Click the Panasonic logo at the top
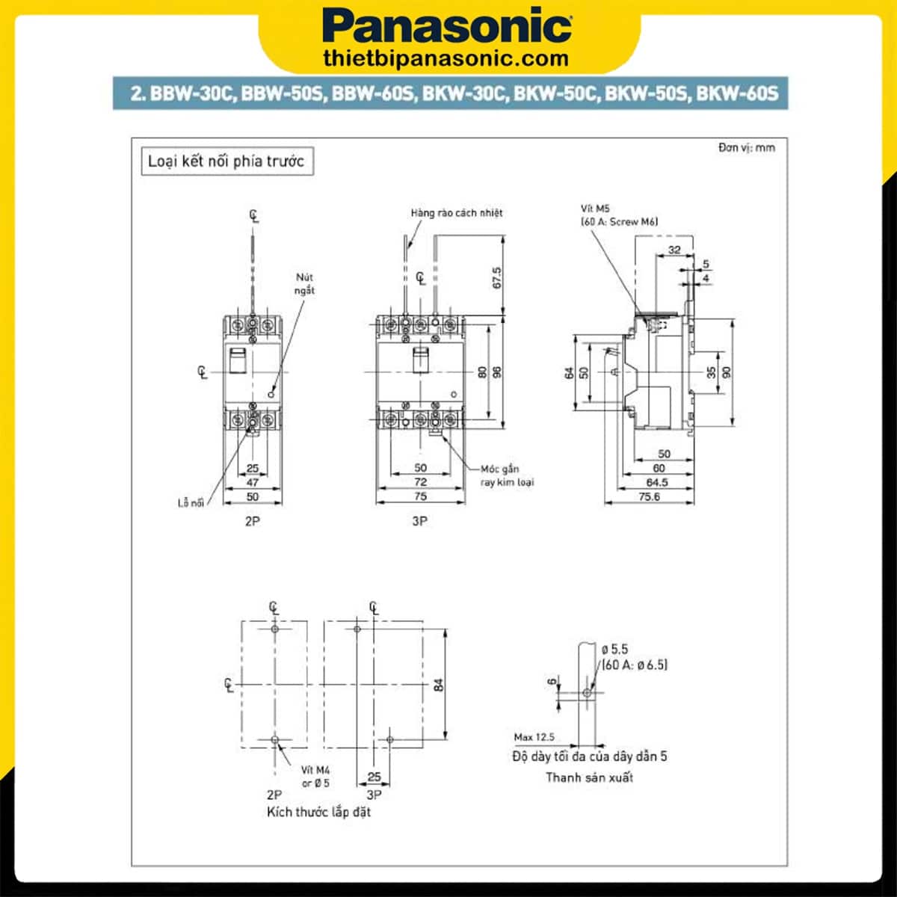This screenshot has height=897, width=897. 449,26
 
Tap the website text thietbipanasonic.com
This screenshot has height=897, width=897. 446,58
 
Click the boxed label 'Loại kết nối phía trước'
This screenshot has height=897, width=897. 226,161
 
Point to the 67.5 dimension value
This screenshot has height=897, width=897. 497,277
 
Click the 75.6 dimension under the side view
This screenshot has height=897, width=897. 650,496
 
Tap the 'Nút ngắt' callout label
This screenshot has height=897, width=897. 304,284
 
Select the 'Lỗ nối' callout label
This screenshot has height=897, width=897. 191,503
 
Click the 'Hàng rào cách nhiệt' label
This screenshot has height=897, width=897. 456,213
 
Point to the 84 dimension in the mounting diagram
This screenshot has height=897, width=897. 439,684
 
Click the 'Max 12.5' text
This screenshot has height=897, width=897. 534,737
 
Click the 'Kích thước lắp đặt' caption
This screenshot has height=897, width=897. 318,812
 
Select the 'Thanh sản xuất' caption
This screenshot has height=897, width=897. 589,777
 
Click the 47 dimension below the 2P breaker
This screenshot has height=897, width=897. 253,483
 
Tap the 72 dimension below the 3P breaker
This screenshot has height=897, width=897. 420,483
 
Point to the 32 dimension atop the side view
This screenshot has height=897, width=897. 674,250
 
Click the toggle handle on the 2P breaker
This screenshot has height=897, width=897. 238,362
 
